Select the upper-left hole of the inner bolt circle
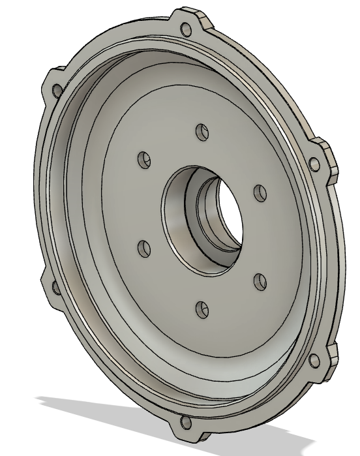pos(144,159)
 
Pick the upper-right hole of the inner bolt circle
pos(260,193)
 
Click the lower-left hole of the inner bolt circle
pos(144,247)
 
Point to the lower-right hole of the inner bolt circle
pos(260,281)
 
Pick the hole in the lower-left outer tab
pos(54,285)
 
